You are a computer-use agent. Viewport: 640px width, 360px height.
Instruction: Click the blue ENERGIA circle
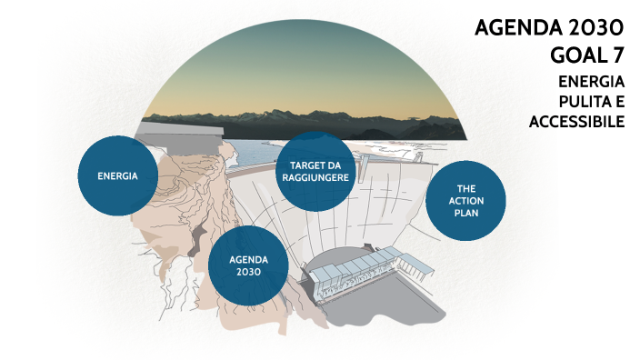[117, 175]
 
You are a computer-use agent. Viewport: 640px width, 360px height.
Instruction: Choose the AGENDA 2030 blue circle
[248, 265]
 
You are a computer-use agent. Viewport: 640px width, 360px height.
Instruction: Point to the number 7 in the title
[616, 53]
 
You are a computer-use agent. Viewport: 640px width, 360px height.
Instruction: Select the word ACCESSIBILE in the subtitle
[576, 121]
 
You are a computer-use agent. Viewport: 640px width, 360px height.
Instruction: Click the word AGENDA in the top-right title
[513, 26]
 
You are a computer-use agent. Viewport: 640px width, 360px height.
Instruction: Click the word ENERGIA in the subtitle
[591, 82]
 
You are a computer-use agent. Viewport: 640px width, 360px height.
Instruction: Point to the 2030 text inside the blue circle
[248, 271]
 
